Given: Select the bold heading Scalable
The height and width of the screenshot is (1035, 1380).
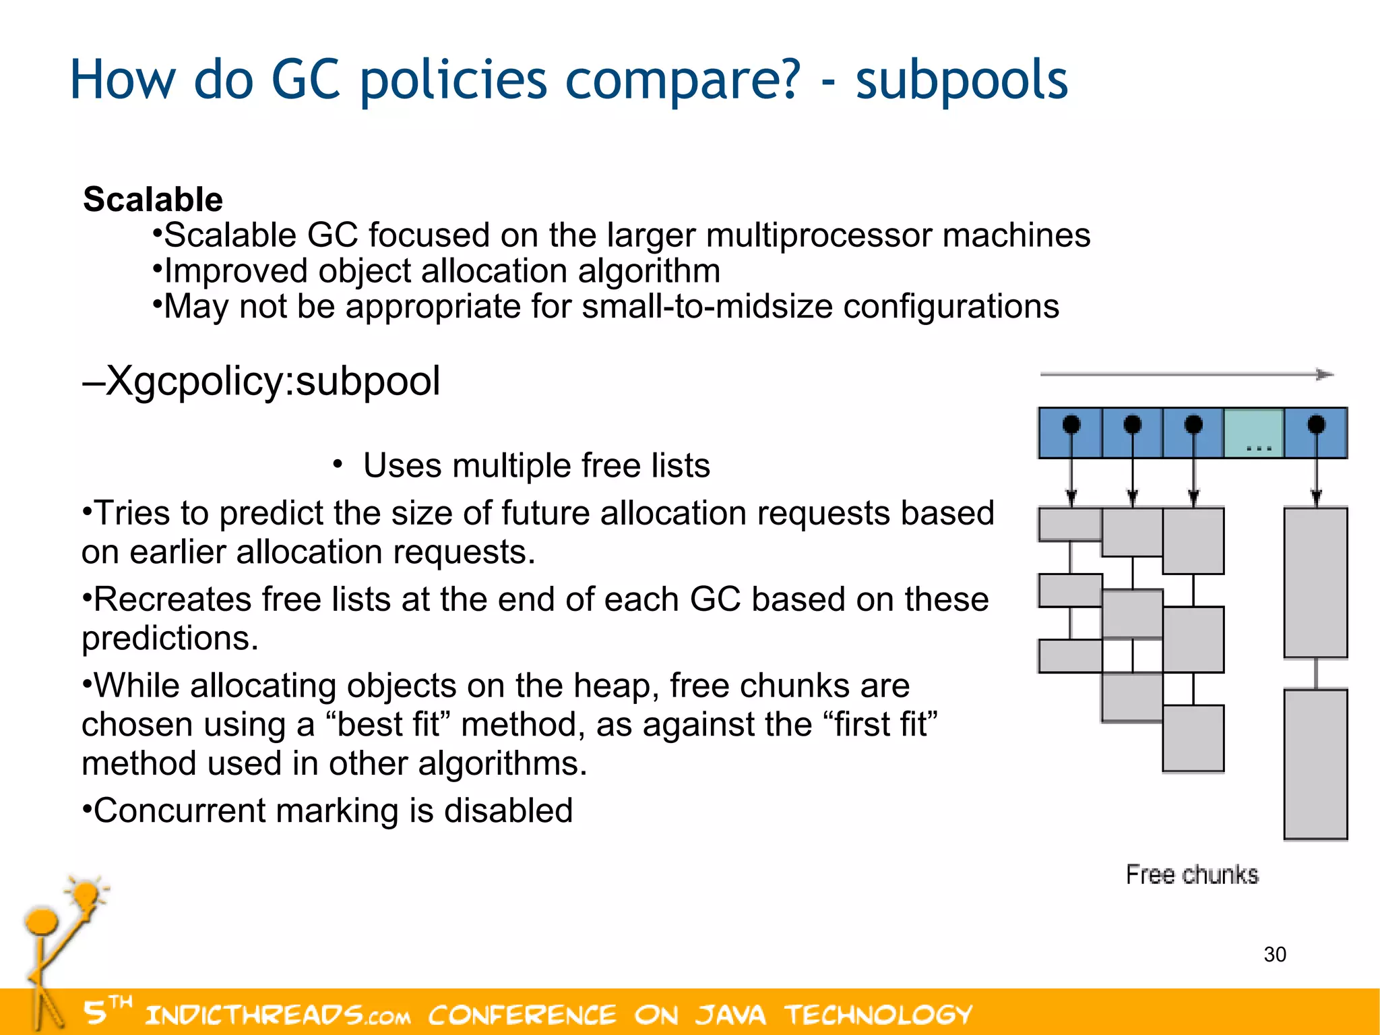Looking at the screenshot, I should click(x=153, y=200).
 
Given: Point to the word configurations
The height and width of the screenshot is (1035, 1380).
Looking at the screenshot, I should click(x=951, y=307).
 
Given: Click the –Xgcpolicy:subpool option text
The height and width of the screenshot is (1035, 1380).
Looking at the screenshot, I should click(x=261, y=381).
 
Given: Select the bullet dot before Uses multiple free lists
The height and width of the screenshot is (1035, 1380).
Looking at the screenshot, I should click(x=338, y=463).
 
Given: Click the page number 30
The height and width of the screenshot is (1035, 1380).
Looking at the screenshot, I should click(x=1275, y=955).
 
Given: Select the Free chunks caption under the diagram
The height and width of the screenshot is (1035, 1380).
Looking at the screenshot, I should click(x=1192, y=875).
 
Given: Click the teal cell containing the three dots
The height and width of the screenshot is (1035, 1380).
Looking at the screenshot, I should click(x=1253, y=433).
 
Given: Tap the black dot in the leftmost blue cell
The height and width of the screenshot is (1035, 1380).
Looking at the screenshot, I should click(x=1071, y=424).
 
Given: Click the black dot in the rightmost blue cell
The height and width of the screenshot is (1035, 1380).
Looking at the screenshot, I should click(x=1316, y=424).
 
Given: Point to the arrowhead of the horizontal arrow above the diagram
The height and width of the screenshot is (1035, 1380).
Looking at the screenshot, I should click(x=1325, y=374).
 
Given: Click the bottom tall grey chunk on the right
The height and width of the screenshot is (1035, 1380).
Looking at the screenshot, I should click(x=1315, y=764).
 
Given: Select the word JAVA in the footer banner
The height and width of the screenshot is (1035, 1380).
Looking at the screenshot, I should click(x=731, y=1015).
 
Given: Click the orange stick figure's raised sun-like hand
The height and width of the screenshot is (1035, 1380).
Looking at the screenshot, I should click(x=86, y=895).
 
